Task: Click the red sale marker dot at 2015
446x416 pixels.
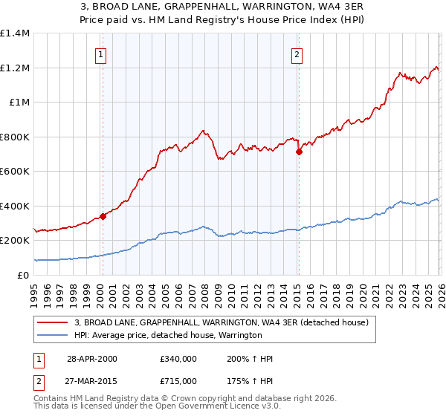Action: (298, 152)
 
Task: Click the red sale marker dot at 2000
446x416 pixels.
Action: (103, 217)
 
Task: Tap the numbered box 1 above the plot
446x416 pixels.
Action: (100, 53)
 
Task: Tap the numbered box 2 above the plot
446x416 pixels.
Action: (297, 53)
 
